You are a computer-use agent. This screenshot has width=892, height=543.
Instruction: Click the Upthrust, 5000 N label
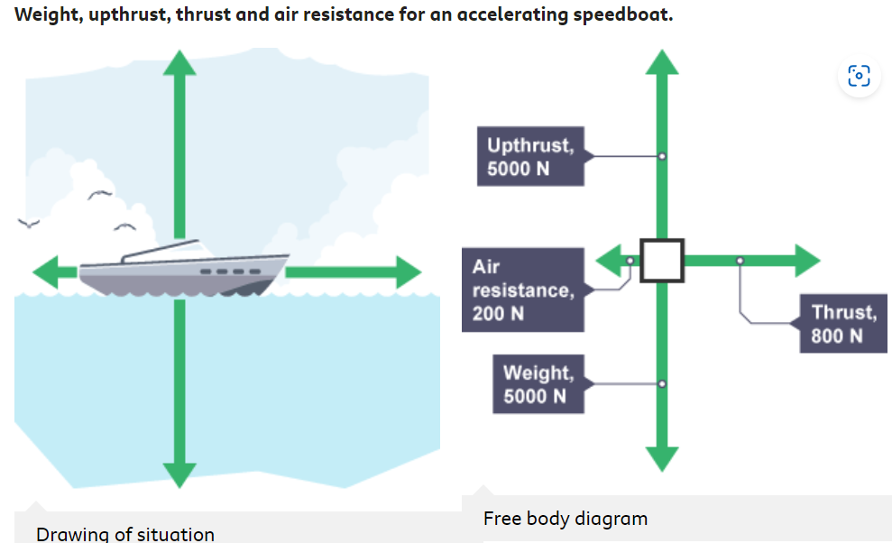click(x=530, y=157)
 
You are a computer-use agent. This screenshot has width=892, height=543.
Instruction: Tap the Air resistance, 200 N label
click(x=522, y=290)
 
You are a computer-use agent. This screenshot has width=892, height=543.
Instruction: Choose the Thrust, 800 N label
click(x=843, y=324)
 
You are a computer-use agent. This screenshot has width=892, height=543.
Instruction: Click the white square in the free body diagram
click(x=662, y=261)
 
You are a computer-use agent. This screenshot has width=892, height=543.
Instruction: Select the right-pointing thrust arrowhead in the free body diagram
click(x=805, y=261)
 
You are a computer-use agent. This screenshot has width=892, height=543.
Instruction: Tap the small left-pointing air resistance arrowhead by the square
click(x=610, y=262)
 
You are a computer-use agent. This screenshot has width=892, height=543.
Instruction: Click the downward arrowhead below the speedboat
click(x=179, y=474)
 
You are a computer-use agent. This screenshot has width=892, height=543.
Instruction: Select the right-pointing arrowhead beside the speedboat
click(x=407, y=271)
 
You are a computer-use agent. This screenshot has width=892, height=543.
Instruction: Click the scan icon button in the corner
click(x=859, y=76)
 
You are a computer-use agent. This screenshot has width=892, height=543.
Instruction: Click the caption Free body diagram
click(x=566, y=519)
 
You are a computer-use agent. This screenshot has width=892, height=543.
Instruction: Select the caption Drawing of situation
click(x=125, y=534)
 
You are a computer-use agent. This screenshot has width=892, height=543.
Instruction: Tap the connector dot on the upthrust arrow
click(x=662, y=157)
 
